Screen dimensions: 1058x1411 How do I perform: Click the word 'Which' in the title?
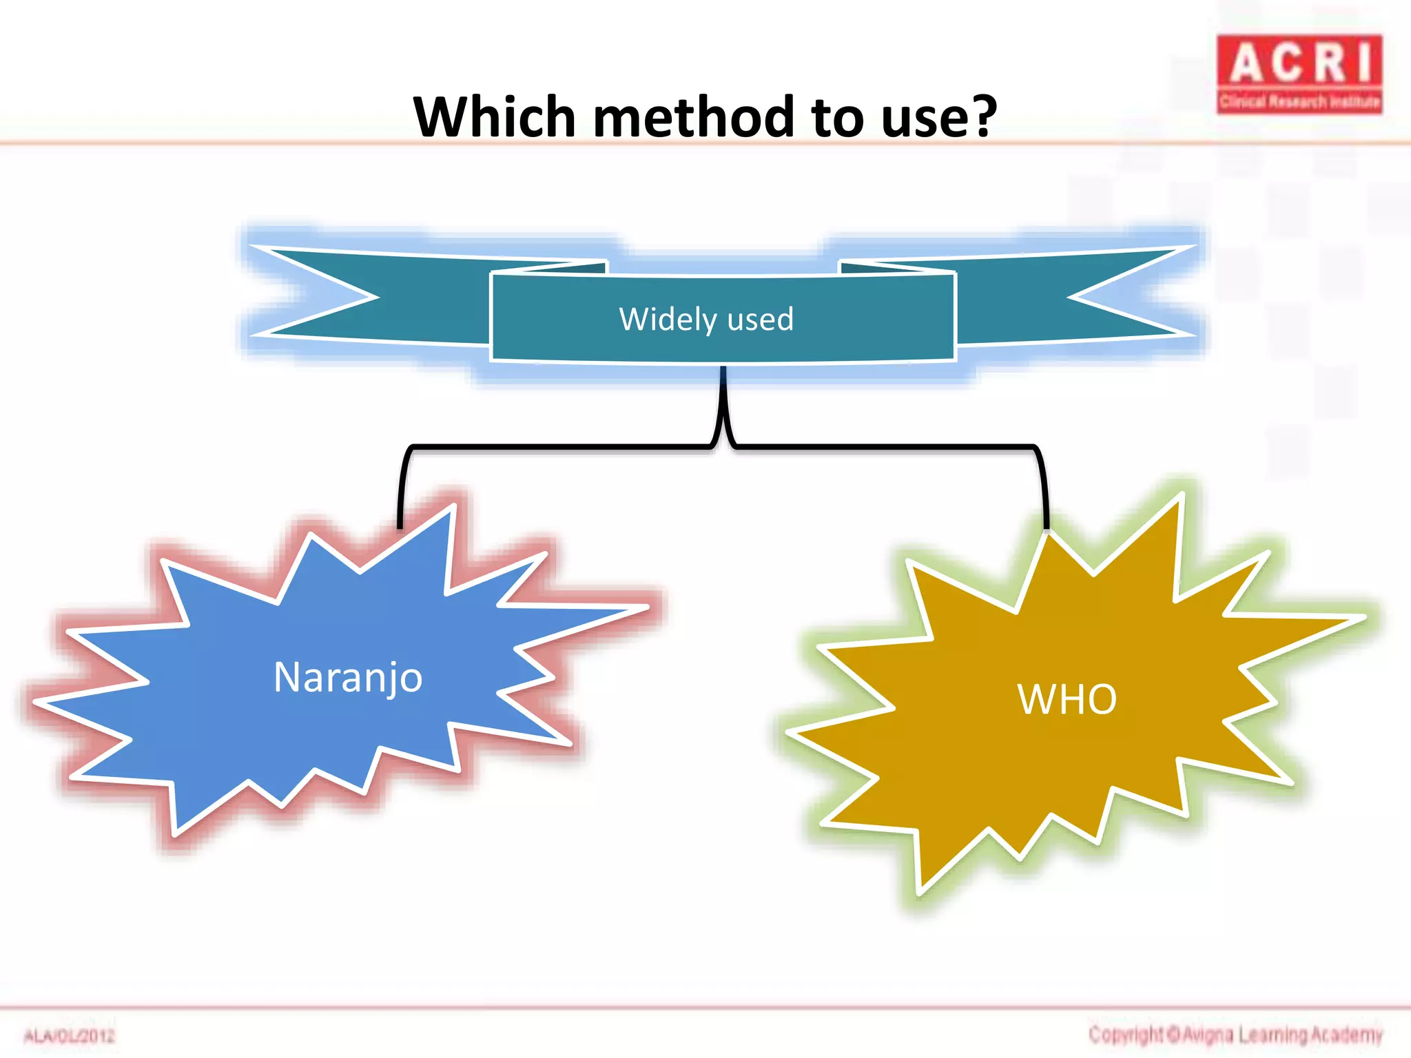(x=494, y=117)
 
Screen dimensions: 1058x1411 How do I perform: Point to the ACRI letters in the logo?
(x=1299, y=63)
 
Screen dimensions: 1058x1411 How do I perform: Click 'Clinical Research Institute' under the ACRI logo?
(x=1299, y=102)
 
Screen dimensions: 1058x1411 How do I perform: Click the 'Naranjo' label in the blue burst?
(x=348, y=677)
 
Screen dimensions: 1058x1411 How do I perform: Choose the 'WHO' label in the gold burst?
(x=1067, y=699)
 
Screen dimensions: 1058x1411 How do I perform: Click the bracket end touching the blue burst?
(x=400, y=520)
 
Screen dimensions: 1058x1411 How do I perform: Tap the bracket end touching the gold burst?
(x=1047, y=520)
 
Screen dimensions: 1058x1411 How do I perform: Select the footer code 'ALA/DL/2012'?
(x=70, y=1036)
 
